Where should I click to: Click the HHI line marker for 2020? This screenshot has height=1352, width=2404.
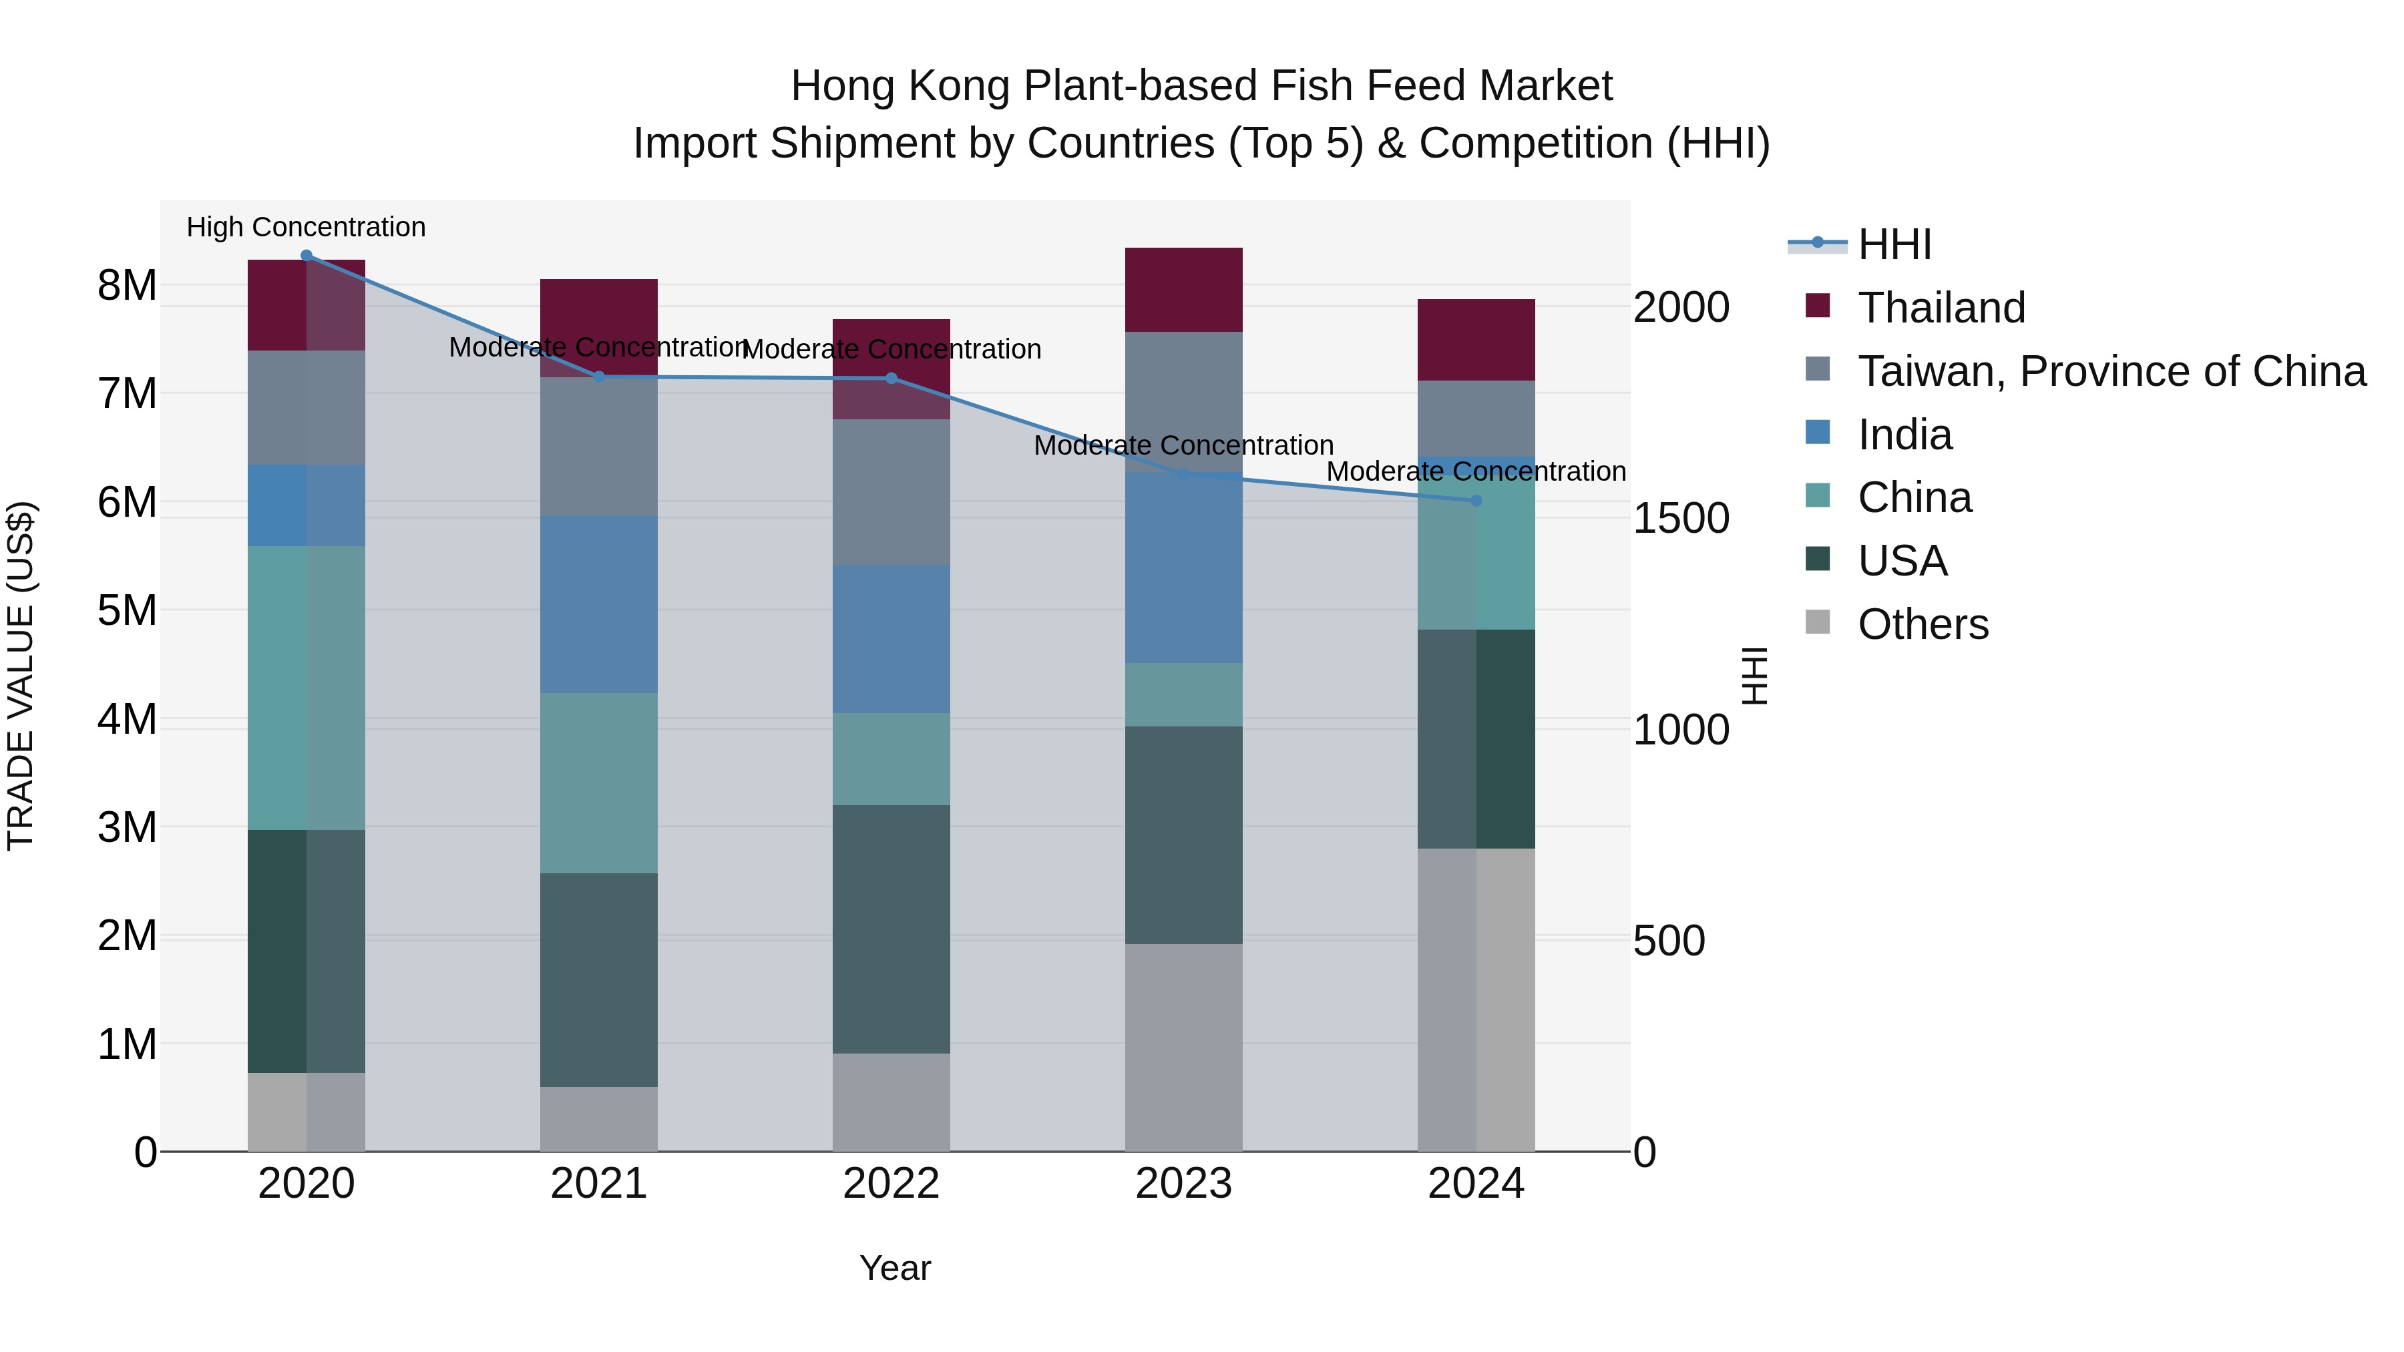306,256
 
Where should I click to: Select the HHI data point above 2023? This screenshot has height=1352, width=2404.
1183,474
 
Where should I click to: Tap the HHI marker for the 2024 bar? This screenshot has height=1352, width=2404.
1475,501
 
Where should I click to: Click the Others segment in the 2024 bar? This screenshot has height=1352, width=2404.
1475,999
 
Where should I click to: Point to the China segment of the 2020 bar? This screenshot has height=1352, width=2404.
306,688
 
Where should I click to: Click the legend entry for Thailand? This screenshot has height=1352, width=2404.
1941,308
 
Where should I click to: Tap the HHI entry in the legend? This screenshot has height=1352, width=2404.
1894,244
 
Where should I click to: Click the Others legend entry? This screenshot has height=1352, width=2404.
1923,624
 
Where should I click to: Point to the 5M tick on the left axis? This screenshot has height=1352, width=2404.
127,611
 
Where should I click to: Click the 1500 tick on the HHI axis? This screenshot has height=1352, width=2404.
1681,519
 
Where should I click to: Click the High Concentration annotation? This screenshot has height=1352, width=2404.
306,227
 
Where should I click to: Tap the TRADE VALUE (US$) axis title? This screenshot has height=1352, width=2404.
21,676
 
